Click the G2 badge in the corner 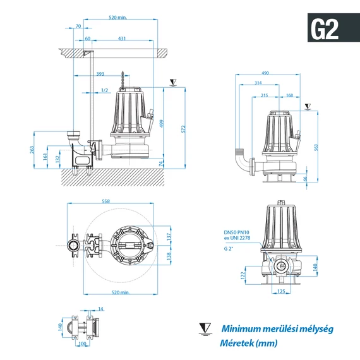333,28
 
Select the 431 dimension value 122,39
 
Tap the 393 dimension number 100,74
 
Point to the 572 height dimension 183,129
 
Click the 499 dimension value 162,124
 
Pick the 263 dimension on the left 32,150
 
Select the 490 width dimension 265,73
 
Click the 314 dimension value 258,83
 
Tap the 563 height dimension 316,147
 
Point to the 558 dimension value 105,201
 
